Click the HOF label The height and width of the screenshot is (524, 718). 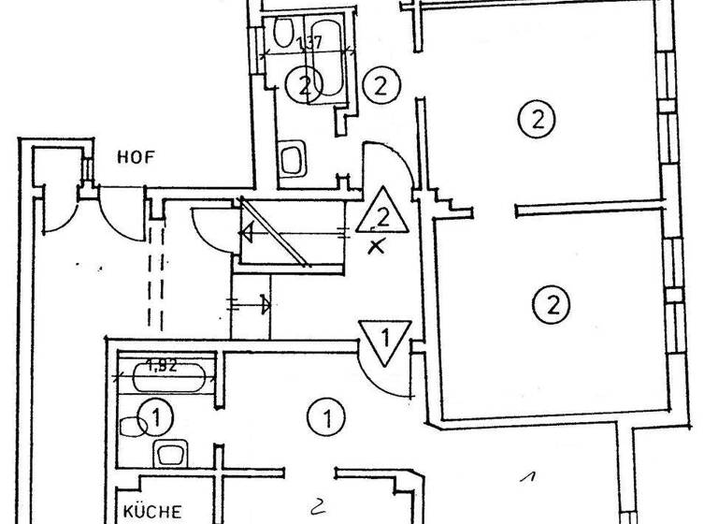(136, 158)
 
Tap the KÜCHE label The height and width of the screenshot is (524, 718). (149, 512)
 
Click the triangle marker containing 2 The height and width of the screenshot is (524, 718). (381, 215)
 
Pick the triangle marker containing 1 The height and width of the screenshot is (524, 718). (383, 340)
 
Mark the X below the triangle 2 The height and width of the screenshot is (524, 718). (377, 247)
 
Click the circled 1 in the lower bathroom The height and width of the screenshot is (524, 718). (158, 416)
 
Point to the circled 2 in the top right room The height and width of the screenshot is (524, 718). (537, 119)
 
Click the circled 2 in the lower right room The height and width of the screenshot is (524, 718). (551, 303)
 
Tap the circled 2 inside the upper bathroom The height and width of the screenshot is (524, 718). (302, 87)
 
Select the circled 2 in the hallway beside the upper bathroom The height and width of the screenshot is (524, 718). (381, 86)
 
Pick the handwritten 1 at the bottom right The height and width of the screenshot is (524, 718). (528, 477)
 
